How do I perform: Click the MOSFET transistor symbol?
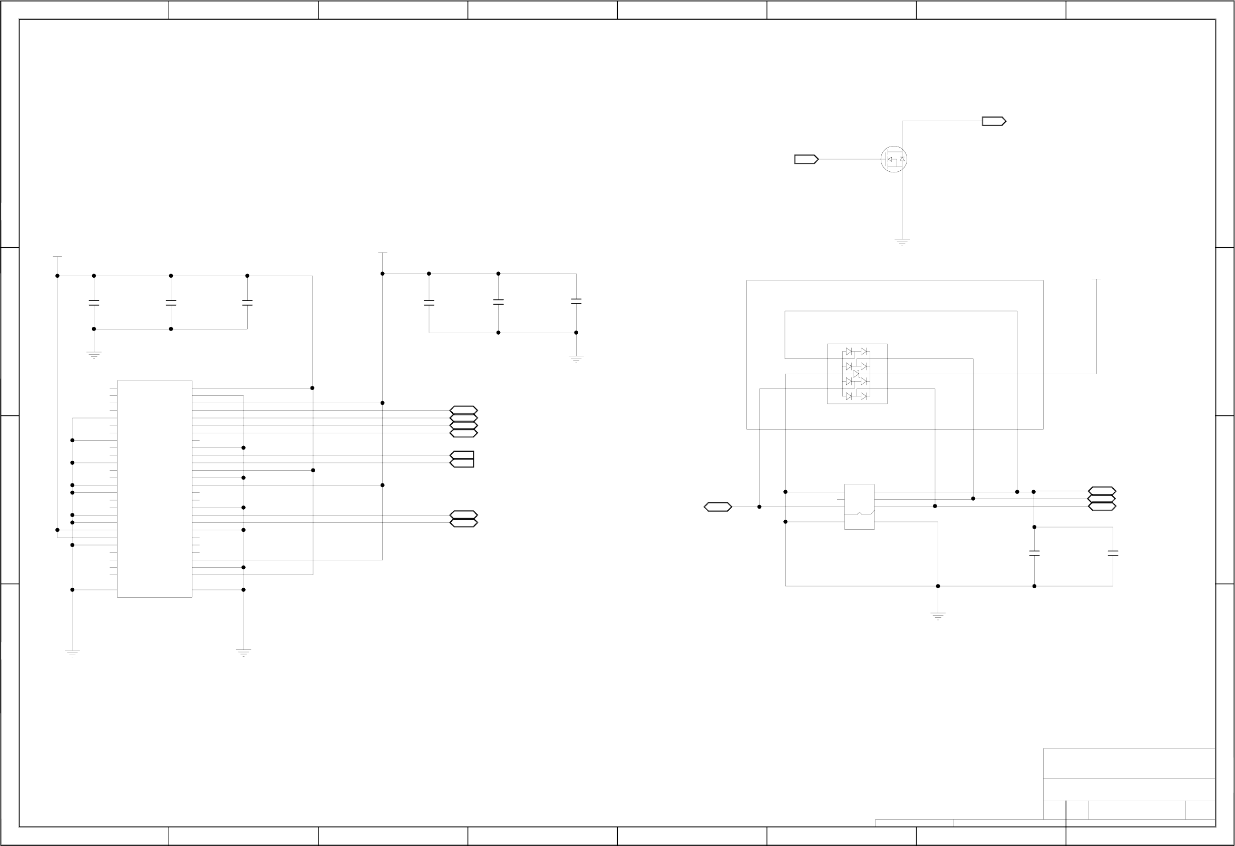pos(893,159)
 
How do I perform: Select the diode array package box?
pos(857,374)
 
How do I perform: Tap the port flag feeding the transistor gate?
pos(806,159)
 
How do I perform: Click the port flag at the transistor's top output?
pos(994,121)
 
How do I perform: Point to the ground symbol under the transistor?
pos(902,242)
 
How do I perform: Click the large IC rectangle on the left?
pos(154,489)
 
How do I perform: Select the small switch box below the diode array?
pos(859,507)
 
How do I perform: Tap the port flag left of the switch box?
pos(717,507)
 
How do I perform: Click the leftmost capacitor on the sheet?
pos(94,303)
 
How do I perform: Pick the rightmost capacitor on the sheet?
pos(1113,553)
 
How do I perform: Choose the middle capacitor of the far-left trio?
pos(171,303)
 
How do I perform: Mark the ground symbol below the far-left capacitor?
pos(94,354)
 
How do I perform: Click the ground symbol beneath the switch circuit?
pos(938,616)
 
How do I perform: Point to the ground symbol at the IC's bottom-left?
pos(72,653)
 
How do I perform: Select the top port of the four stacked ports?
pos(463,410)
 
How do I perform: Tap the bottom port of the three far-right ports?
pos(1102,507)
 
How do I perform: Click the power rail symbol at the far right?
pos(1096,279)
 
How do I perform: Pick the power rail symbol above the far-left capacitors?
pos(57,257)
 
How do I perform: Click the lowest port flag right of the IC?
pos(463,523)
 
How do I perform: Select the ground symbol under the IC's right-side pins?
pos(244,653)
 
